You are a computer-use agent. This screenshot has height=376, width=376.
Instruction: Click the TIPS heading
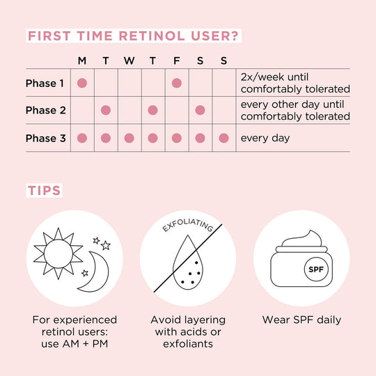(43, 190)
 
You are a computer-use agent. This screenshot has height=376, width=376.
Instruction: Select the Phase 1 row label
(45, 84)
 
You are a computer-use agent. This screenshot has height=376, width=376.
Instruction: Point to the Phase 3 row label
(45, 138)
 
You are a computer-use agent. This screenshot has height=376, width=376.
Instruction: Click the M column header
(82, 61)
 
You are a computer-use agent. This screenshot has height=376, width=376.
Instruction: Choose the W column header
(130, 61)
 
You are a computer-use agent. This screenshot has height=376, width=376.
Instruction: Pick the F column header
(176, 61)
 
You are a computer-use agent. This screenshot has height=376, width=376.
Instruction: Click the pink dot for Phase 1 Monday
(82, 83)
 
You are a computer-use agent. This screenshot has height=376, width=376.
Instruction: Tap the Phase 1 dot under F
(176, 83)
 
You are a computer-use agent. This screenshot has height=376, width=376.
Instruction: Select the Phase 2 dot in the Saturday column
(200, 110)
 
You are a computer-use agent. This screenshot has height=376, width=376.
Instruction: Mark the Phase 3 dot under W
(130, 138)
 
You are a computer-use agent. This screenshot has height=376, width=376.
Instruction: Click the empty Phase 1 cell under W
(130, 83)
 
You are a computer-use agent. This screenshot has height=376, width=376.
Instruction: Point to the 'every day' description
(265, 138)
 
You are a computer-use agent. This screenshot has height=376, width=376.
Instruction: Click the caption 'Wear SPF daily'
(301, 320)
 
